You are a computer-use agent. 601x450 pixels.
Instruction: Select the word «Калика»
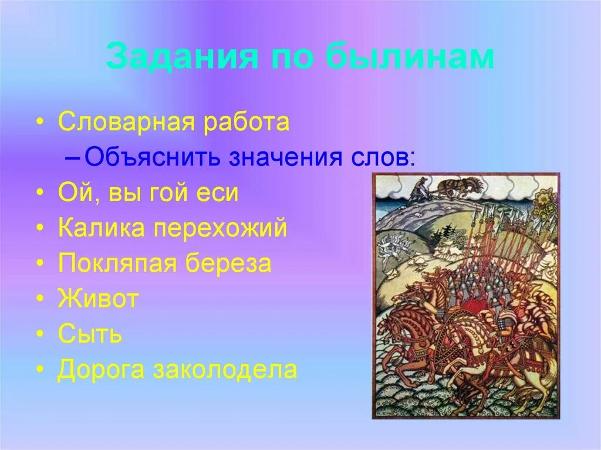coord(101,228)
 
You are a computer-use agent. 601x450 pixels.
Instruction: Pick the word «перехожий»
coord(221,228)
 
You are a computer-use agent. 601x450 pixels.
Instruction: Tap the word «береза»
coord(229,264)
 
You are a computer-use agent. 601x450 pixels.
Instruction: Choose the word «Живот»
coord(98,299)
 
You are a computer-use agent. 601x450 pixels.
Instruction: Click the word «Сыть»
coord(90,335)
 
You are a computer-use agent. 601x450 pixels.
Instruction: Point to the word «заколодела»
coord(225,370)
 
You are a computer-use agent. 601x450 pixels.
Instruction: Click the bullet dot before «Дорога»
coord(39,371)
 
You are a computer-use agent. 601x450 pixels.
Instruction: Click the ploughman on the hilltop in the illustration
coord(418,189)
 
